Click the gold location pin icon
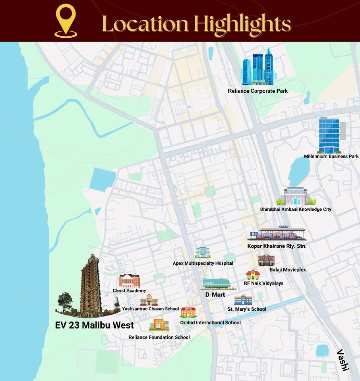point(66,21)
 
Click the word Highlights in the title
point(243,24)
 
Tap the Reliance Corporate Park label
point(257,91)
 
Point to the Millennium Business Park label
point(331,156)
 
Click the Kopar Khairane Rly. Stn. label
point(277,246)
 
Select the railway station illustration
point(277,235)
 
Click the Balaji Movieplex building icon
point(266,261)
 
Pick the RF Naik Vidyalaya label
point(263,283)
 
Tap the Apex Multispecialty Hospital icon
point(203,253)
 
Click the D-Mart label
point(215,295)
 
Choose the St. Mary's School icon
point(243,300)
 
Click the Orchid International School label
point(210,323)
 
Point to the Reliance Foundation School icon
point(159,325)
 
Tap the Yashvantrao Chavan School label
point(150,309)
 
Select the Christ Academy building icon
point(129,281)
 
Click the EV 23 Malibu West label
point(94,326)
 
